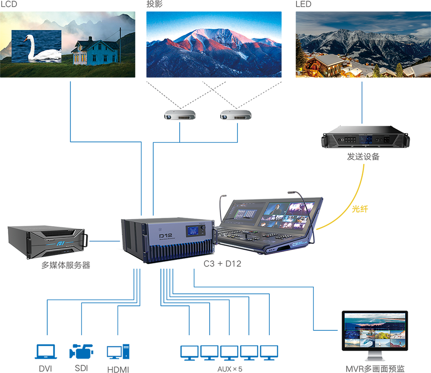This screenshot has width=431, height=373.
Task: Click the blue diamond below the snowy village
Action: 361,103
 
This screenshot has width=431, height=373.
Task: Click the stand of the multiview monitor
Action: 373,356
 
